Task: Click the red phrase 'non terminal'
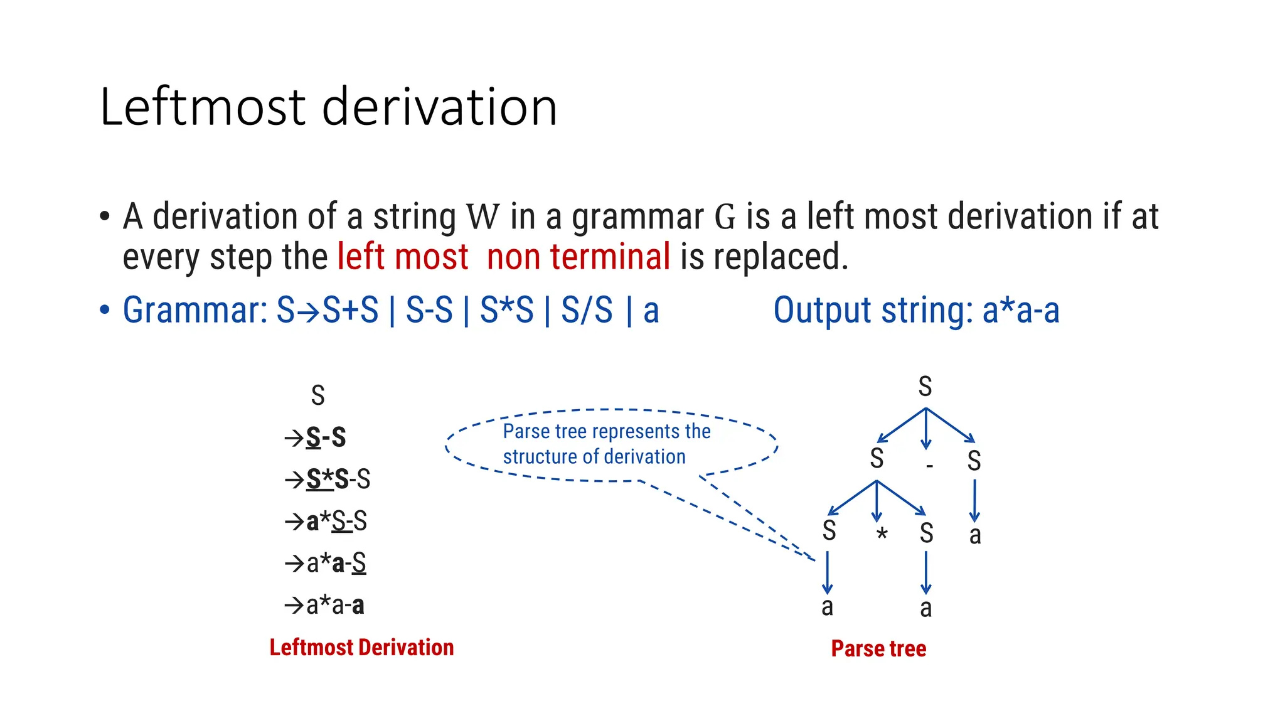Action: coord(578,257)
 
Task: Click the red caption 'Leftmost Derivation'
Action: coord(361,648)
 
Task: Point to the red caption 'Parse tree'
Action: coord(878,649)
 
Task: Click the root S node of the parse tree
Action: coord(925,387)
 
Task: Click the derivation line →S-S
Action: coord(316,437)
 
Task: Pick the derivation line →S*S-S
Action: coord(328,479)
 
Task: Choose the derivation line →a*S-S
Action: coord(326,522)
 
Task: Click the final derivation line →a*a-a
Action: coord(325,606)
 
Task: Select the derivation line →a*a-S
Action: coord(326,564)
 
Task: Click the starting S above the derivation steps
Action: coord(318,396)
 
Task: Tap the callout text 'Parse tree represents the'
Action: coord(606,432)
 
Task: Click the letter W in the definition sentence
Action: coord(483,217)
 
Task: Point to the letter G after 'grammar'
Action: coord(725,217)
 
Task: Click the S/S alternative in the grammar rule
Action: coord(586,310)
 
